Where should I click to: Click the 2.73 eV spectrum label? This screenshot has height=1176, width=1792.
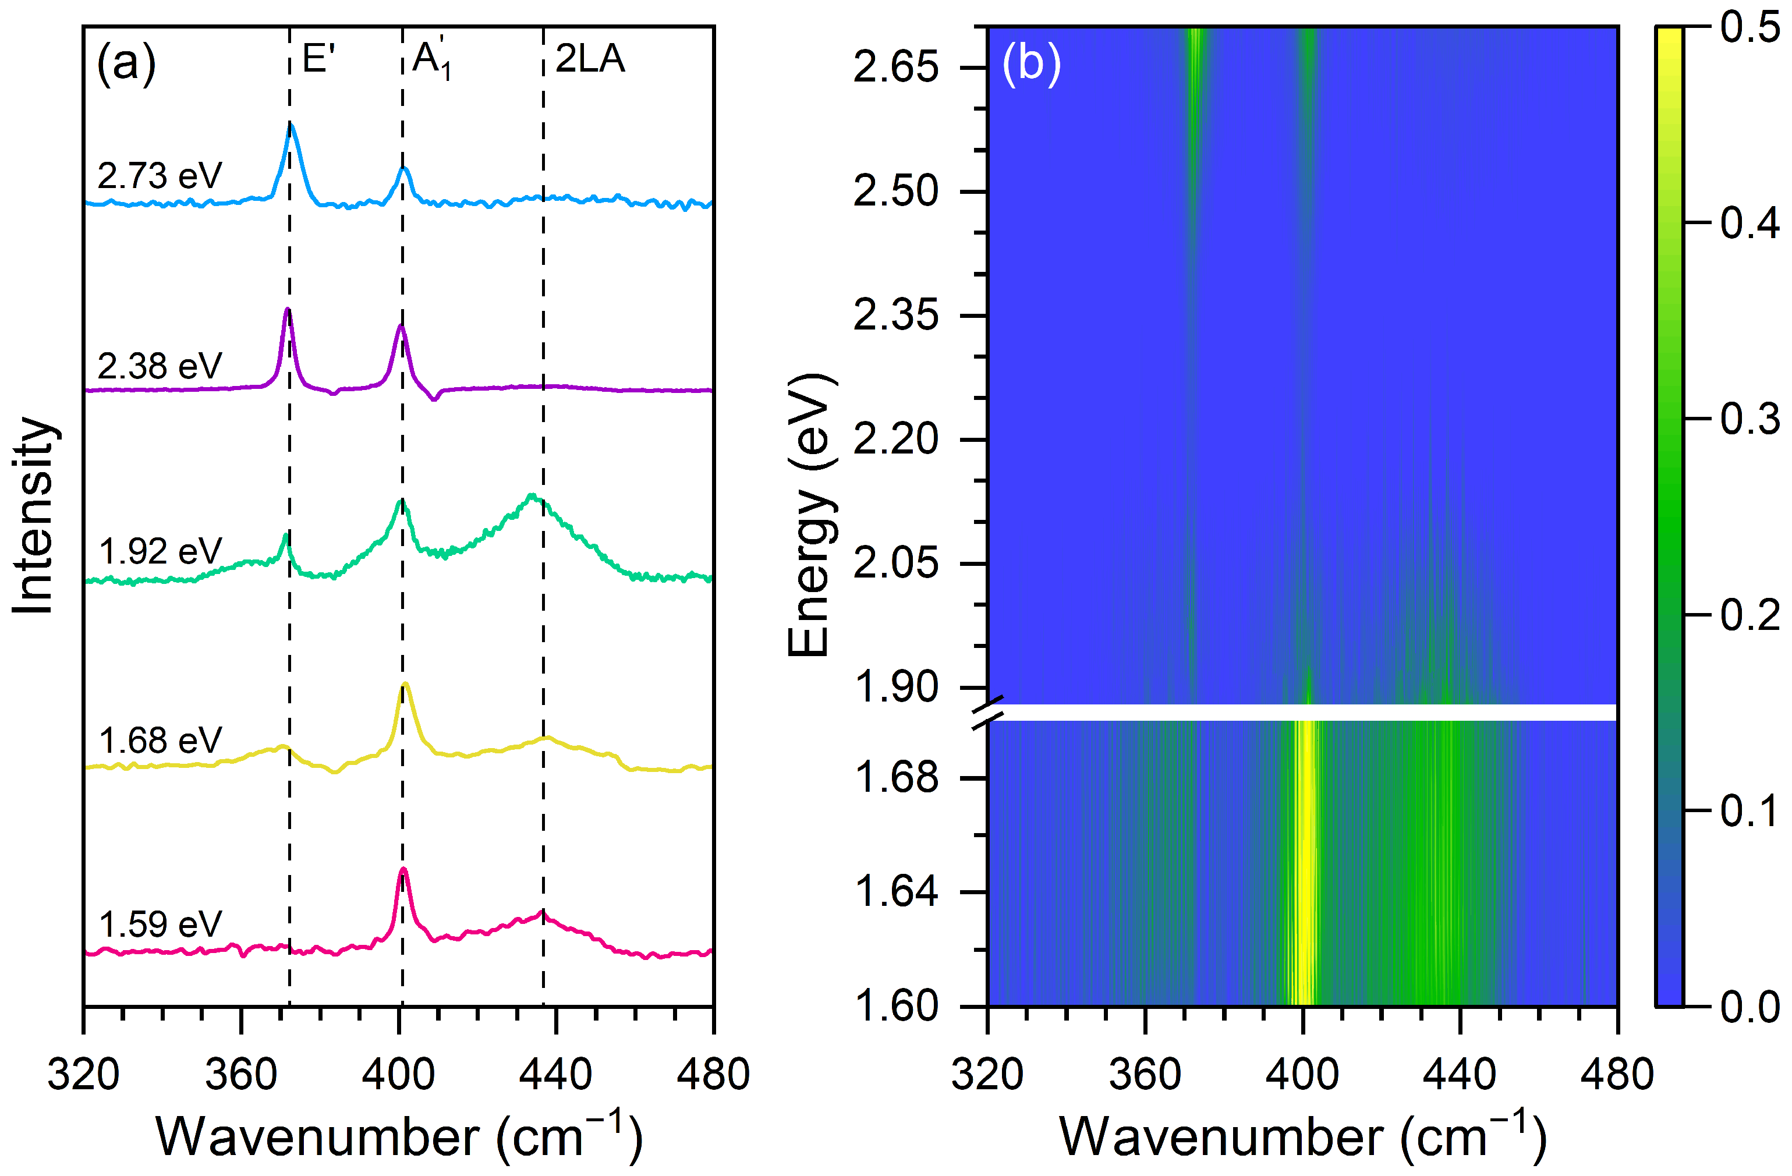[160, 176]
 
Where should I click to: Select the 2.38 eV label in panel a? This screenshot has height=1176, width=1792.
[160, 367]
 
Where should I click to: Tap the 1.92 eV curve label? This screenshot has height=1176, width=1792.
[160, 552]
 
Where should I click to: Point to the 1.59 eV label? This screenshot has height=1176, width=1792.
[160, 924]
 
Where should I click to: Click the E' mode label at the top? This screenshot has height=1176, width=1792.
[318, 59]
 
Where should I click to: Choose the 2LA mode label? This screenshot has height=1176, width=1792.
[590, 59]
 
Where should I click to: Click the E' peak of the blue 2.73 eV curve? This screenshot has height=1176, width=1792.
[291, 126]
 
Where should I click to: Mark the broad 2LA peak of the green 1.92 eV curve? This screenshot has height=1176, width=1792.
[532, 496]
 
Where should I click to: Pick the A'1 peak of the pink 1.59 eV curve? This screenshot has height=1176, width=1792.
[403, 870]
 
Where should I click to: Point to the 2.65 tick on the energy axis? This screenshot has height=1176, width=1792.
[896, 68]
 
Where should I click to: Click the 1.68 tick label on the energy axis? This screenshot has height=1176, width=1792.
[896, 777]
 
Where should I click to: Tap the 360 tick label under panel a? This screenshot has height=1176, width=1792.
[241, 1074]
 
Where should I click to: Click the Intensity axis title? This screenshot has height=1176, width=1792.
[34, 515]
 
